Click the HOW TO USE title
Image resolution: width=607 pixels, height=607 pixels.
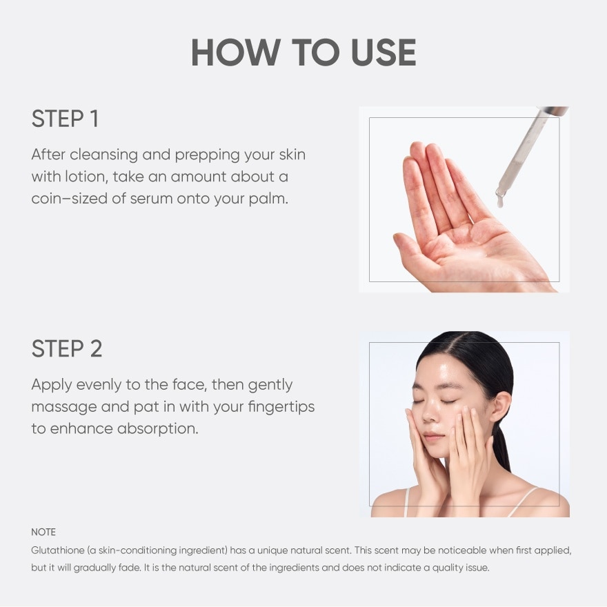(303, 52)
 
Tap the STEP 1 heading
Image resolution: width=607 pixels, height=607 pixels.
(65, 119)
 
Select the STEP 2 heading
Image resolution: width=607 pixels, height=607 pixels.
(67, 348)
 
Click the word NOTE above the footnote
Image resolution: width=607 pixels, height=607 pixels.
(43, 532)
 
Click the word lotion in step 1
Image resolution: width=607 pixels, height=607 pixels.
(86, 177)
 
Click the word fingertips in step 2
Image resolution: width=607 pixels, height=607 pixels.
(281, 407)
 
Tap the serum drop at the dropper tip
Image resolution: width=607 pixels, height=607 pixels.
(500, 201)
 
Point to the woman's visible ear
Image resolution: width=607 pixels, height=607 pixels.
(502, 406)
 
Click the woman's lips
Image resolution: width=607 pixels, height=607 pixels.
(434, 437)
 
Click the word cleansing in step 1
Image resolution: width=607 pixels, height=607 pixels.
(103, 155)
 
